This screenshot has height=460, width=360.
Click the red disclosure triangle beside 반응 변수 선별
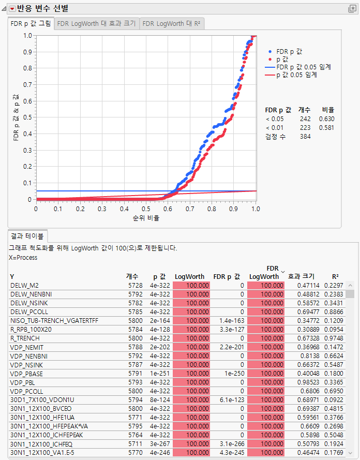click(x=12, y=9)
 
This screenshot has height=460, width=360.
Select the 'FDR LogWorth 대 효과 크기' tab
click(x=96, y=24)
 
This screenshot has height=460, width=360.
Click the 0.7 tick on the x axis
click(x=190, y=209)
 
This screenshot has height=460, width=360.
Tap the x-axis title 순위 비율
click(x=145, y=218)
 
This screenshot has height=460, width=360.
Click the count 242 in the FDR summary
click(x=305, y=119)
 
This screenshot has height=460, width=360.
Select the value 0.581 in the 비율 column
click(x=327, y=128)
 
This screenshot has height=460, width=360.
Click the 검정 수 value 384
click(x=305, y=137)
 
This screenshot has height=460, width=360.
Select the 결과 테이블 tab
click(x=27, y=235)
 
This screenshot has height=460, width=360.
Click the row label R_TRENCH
click(x=25, y=338)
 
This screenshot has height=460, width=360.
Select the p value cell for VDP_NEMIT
click(x=158, y=347)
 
